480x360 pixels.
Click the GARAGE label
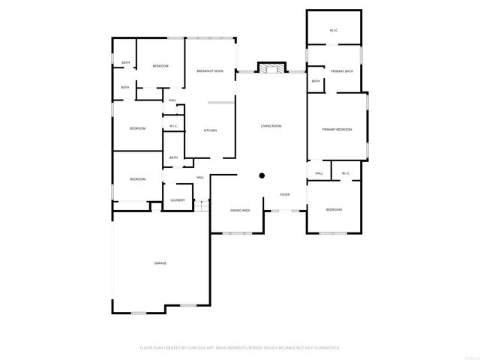[x=160, y=263]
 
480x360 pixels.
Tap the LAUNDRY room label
[x=178, y=200]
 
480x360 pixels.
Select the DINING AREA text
[x=240, y=211]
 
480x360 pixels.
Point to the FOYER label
[x=285, y=194]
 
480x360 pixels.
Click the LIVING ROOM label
[x=271, y=126]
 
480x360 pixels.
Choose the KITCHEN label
[x=211, y=130]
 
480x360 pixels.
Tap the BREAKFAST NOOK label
[x=210, y=70]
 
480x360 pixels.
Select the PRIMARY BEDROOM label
[x=337, y=130]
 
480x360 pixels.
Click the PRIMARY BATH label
[x=342, y=70]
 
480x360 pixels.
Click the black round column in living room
[x=262, y=175]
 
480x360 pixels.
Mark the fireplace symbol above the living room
[x=271, y=68]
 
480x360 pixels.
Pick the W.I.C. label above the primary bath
[x=334, y=30]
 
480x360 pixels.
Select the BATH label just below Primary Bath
[x=316, y=81]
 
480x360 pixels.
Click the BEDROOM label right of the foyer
[x=334, y=209]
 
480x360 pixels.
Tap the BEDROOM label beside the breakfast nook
[x=160, y=66]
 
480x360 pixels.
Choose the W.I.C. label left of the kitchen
[x=173, y=126]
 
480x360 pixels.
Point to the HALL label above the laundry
[x=200, y=177]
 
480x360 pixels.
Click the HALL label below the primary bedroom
[x=319, y=173]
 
